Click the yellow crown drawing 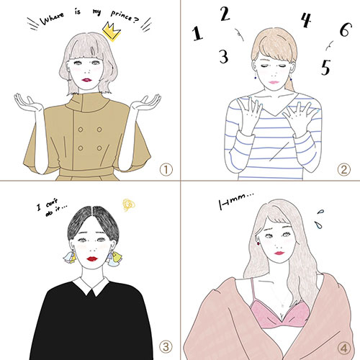[x=112, y=32]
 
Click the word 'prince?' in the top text [x=125, y=17]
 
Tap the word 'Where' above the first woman [x=52, y=19]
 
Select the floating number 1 [x=197, y=33]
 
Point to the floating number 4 [x=306, y=20]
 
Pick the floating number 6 [x=346, y=30]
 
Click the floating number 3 [x=224, y=56]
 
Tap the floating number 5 [x=326, y=67]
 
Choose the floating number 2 [x=225, y=14]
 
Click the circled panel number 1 [x=166, y=170]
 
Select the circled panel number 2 [x=344, y=170]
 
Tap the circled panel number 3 [x=166, y=346]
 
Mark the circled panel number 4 [x=344, y=348]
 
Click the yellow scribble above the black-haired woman [x=129, y=205]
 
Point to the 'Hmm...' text [x=236, y=201]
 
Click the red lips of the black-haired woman [x=92, y=258]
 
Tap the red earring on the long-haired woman [x=258, y=243]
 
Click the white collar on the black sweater [x=91, y=286]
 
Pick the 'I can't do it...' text [x=51, y=207]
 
